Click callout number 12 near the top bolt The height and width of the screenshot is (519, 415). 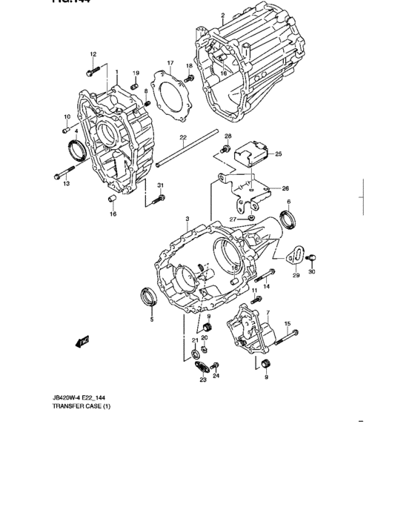point(93,54)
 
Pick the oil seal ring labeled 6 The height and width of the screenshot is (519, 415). point(289,219)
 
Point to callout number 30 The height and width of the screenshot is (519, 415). point(311,273)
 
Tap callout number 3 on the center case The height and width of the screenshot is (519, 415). point(187,219)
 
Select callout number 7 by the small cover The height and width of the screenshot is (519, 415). point(267,314)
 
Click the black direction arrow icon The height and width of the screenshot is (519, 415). point(82,341)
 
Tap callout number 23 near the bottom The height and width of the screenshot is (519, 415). point(202,380)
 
